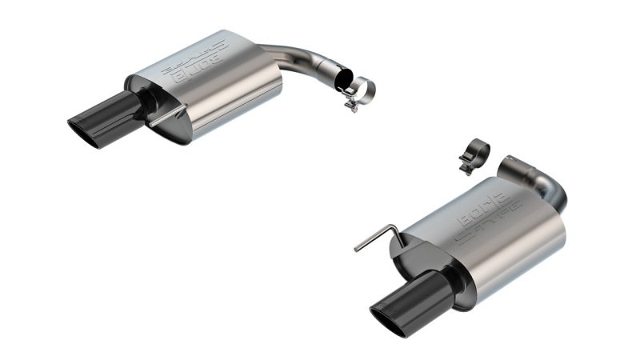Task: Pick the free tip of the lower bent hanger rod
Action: click(356, 250)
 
